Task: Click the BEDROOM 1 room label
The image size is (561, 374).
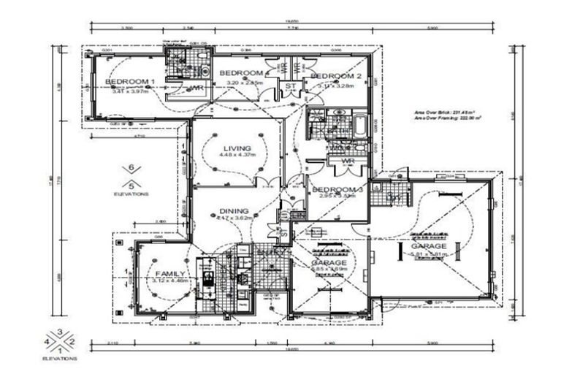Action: (x=129, y=81)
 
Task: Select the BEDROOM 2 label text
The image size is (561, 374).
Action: (x=336, y=77)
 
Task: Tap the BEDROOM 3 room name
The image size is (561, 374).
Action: (x=333, y=189)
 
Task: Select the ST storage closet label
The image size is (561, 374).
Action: (x=290, y=86)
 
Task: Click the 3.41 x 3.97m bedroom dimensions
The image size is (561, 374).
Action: (x=129, y=91)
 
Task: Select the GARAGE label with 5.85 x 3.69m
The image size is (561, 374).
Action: (x=324, y=262)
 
